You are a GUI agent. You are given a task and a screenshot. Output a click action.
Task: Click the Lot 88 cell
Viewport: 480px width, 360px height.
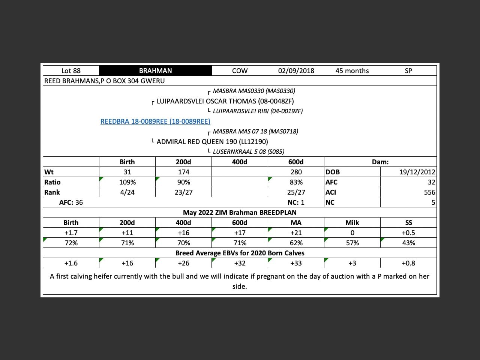71,71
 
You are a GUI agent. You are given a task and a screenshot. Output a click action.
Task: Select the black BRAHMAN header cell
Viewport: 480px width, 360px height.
155,71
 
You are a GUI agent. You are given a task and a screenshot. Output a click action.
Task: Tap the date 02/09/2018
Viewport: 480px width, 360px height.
296,71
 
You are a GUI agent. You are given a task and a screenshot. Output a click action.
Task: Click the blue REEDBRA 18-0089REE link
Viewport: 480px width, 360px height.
155,121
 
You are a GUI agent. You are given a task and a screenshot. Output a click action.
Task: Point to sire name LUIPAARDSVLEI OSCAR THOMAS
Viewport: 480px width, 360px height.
225,101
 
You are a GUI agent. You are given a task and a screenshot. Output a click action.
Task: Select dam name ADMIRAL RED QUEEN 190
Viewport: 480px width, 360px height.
212,142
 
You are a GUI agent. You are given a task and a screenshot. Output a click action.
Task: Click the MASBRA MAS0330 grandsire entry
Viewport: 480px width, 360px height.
254,91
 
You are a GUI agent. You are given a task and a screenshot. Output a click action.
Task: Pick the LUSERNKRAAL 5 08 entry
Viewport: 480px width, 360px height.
249,152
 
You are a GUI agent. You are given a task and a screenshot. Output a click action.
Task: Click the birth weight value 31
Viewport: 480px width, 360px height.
127,172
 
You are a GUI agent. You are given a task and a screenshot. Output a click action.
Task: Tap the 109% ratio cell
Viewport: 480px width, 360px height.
127,182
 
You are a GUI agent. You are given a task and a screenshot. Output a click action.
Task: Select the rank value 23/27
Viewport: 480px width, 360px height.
183,192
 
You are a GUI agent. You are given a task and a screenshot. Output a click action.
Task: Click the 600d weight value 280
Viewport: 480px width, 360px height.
296,172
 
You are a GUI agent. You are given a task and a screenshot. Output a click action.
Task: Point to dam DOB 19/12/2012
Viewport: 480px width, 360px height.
417,172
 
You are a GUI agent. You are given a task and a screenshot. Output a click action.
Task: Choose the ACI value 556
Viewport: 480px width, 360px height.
429,192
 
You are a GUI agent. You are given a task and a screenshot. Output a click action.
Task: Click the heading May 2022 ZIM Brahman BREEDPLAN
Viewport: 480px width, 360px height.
240,213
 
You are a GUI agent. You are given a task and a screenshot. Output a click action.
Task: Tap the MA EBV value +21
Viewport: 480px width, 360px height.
296,233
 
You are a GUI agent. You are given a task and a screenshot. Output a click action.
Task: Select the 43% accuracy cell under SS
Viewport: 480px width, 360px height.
408,243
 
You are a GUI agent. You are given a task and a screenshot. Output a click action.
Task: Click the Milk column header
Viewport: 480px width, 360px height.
352,223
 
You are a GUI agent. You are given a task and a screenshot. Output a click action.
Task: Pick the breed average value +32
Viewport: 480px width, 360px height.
240,263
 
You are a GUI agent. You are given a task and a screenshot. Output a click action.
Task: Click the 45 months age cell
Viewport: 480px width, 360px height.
352,71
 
